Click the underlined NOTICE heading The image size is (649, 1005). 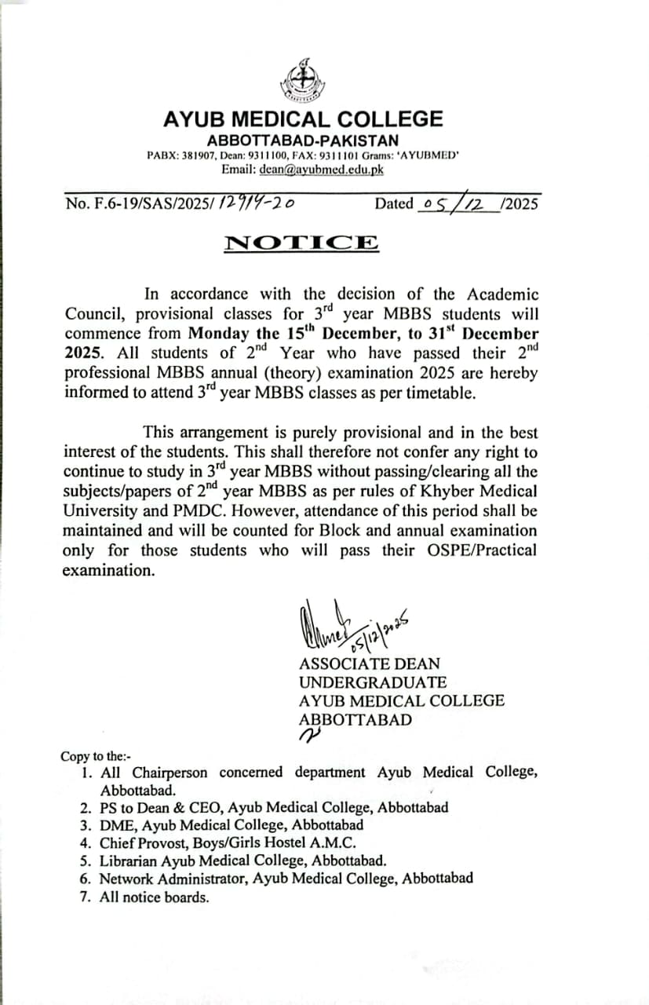[301, 243]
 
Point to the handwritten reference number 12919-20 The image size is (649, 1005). [257, 204]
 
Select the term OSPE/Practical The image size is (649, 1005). [484, 550]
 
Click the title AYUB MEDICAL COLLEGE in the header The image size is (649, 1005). [303, 119]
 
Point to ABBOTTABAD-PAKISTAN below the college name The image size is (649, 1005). [302, 141]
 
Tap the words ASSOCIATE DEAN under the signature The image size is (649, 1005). [369, 663]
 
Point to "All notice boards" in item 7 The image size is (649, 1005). [155, 897]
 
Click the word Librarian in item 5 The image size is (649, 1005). [127, 861]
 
